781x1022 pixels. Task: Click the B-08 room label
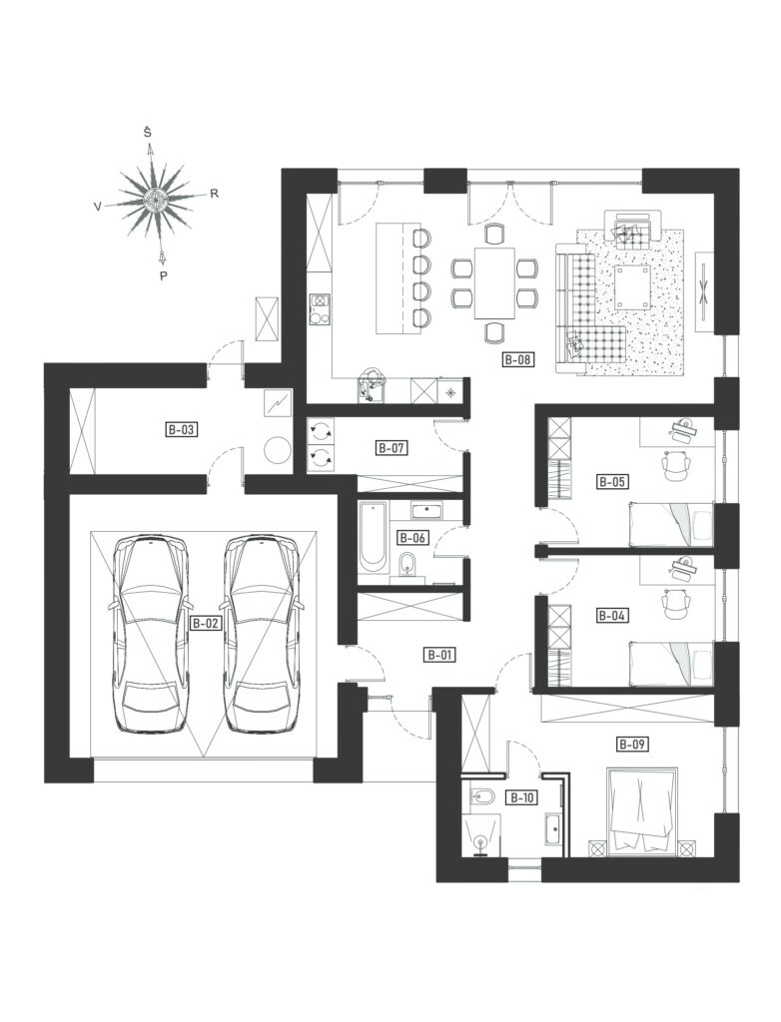point(518,359)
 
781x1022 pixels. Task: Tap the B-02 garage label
point(206,623)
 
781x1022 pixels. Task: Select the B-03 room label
point(182,430)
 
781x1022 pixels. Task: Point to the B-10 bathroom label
point(522,797)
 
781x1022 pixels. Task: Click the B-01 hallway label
point(439,655)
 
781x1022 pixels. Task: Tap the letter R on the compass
point(214,193)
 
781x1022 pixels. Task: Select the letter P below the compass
point(163,275)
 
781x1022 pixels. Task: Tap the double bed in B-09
point(642,810)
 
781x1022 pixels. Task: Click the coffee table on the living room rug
point(632,286)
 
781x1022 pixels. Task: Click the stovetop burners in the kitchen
point(319,309)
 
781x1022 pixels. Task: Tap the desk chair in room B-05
point(675,465)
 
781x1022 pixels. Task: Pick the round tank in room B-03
point(277,449)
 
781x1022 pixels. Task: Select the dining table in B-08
point(495,282)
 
